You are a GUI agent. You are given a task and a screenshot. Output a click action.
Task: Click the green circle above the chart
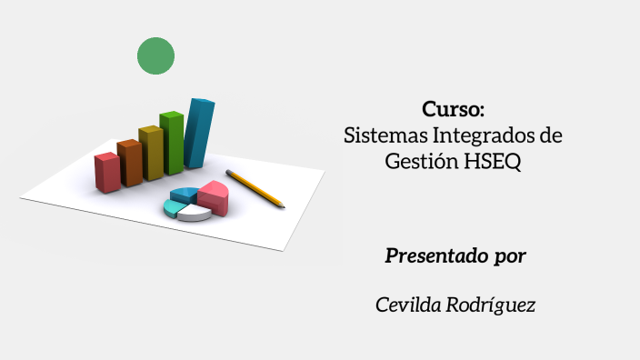click(x=155, y=56)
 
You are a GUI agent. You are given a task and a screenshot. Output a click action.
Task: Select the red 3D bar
click(x=107, y=172)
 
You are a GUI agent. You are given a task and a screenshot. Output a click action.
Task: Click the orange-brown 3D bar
click(x=130, y=163)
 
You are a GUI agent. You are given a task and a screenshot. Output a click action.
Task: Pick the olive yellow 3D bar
click(x=151, y=153)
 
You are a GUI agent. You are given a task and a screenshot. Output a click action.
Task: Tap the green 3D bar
click(x=171, y=143)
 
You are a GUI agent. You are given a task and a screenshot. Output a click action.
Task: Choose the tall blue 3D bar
click(x=198, y=134)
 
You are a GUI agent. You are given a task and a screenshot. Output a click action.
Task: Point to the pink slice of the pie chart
click(x=215, y=195)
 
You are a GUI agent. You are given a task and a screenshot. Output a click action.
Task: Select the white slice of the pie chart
click(x=194, y=214)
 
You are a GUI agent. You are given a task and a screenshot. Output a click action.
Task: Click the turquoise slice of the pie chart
click(x=173, y=207)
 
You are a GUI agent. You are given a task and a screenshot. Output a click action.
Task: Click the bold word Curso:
click(x=453, y=110)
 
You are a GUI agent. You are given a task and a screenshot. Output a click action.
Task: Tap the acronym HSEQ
click(x=492, y=162)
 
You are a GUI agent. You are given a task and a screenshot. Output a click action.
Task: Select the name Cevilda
click(x=408, y=305)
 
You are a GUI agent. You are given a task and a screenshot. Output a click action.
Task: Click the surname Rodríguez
click(x=491, y=305)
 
